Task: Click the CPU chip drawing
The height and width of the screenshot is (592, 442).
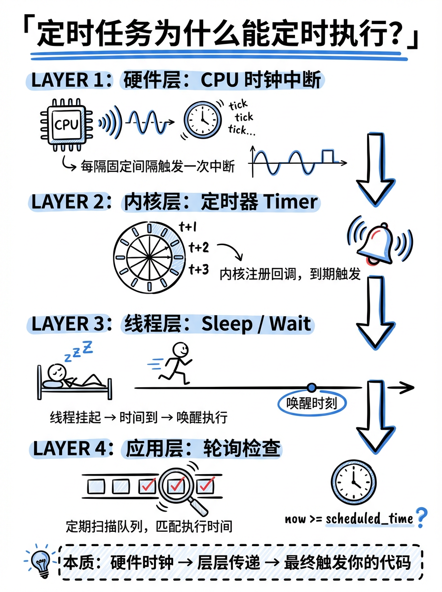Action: pyautogui.click(x=67, y=124)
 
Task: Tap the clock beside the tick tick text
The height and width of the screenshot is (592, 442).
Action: pyautogui.click(x=203, y=119)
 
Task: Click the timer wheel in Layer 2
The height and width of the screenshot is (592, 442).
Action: pyautogui.click(x=149, y=258)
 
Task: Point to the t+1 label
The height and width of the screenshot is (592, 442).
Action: pyautogui.click(x=188, y=227)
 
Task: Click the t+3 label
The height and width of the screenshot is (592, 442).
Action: pyautogui.click(x=199, y=269)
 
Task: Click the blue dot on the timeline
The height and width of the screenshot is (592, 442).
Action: pyautogui.click(x=311, y=388)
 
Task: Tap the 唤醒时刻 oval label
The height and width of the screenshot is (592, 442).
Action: pyautogui.click(x=312, y=404)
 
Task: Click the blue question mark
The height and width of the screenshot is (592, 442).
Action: pyautogui.click(x=421, y=518)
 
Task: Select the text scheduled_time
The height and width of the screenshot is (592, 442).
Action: pyautogui.click(x=369, y=518)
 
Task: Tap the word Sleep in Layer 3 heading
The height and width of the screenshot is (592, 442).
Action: pyautogui.click(x=227, y=324)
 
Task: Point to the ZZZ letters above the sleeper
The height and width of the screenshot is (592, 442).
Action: pyautogui.click(x=78, y=351)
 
